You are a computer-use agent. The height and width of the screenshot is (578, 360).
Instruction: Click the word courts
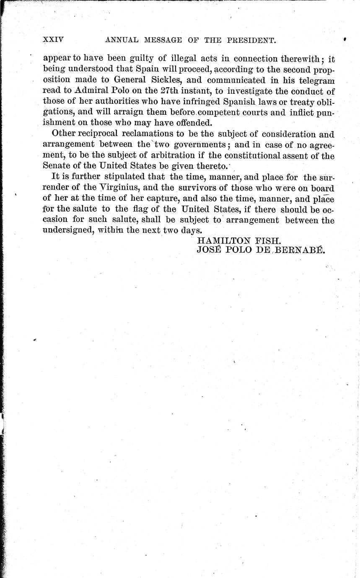pyautogui.click(x=246, y=113)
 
